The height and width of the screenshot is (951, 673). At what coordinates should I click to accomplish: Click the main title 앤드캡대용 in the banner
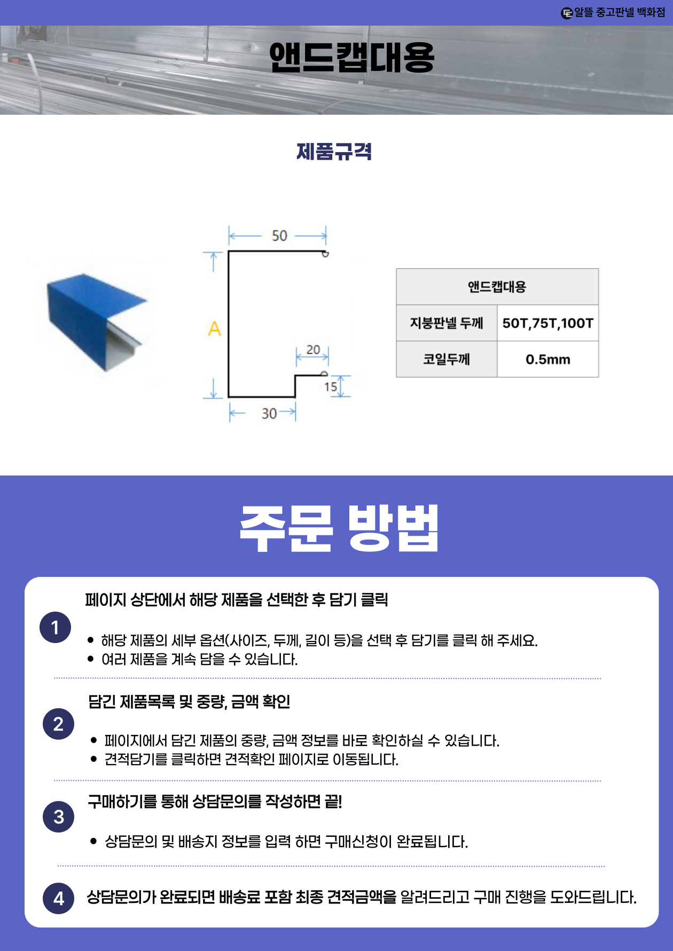click(351, 58)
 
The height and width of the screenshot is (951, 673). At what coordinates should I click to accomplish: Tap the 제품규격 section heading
click(334, 152)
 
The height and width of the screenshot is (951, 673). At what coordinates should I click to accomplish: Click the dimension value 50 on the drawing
click(279, 236)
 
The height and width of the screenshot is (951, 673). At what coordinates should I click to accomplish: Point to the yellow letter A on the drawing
click(214, 328)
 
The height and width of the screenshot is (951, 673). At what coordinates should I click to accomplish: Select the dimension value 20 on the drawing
click(313, 350)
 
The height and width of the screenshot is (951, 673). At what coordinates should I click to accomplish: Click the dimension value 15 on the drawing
click(331, 386)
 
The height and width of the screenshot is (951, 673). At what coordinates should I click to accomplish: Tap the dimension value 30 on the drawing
click(269, 414)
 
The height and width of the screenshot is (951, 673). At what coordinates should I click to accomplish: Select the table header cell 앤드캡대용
click(497, 287)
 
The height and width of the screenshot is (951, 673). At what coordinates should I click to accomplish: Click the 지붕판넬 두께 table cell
click(447, 323)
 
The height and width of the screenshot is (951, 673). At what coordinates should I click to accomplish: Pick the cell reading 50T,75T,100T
click(547, 323)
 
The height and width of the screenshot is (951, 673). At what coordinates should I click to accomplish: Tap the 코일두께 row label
click(447, 359)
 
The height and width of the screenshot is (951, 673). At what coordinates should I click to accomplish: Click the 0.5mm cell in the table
click(547, 359)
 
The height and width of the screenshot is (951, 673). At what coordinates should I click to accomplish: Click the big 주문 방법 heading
click(339, 528)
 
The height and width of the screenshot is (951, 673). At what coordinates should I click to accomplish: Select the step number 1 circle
click(55, 628)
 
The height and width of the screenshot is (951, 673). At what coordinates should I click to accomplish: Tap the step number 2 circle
click(58, 724)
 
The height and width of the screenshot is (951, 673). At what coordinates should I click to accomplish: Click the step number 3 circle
click(58, 817)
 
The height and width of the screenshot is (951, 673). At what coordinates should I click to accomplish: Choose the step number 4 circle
click(58, 899)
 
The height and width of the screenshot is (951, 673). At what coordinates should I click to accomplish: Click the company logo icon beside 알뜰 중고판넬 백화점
click(567, 13)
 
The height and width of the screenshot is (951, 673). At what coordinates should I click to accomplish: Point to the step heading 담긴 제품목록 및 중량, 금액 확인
click(189, 701)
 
